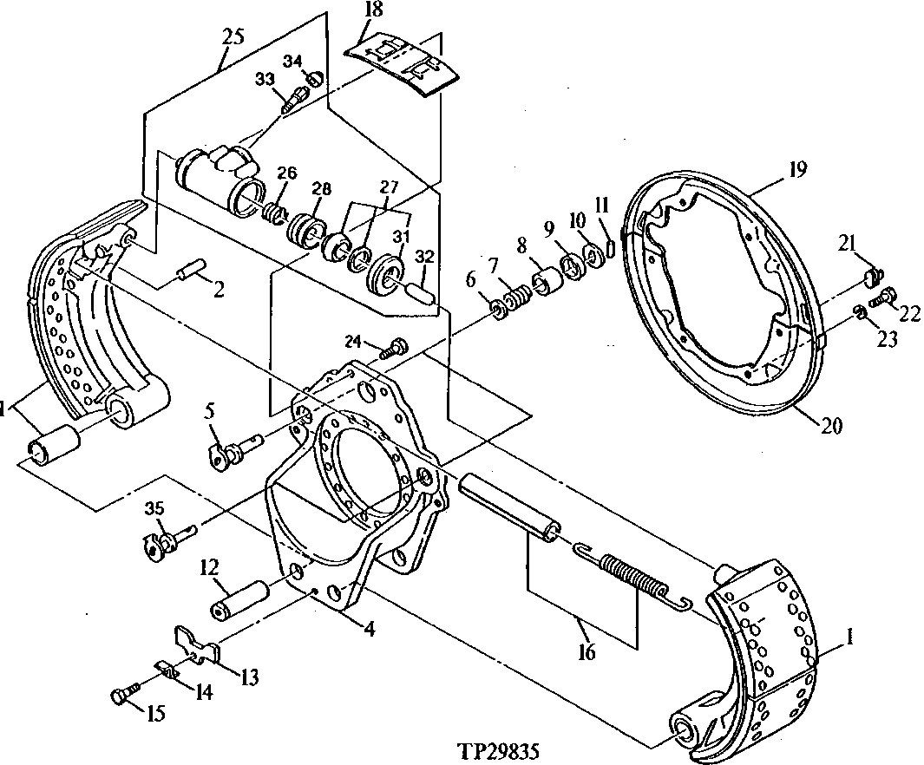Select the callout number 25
pyautogui.click(x=233, y=36)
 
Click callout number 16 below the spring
pyautogui.click(x=587, y=651)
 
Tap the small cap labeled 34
pyautogui.click(x=317, y=79)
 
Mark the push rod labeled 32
pyautogui.click(x=421, y=290)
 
